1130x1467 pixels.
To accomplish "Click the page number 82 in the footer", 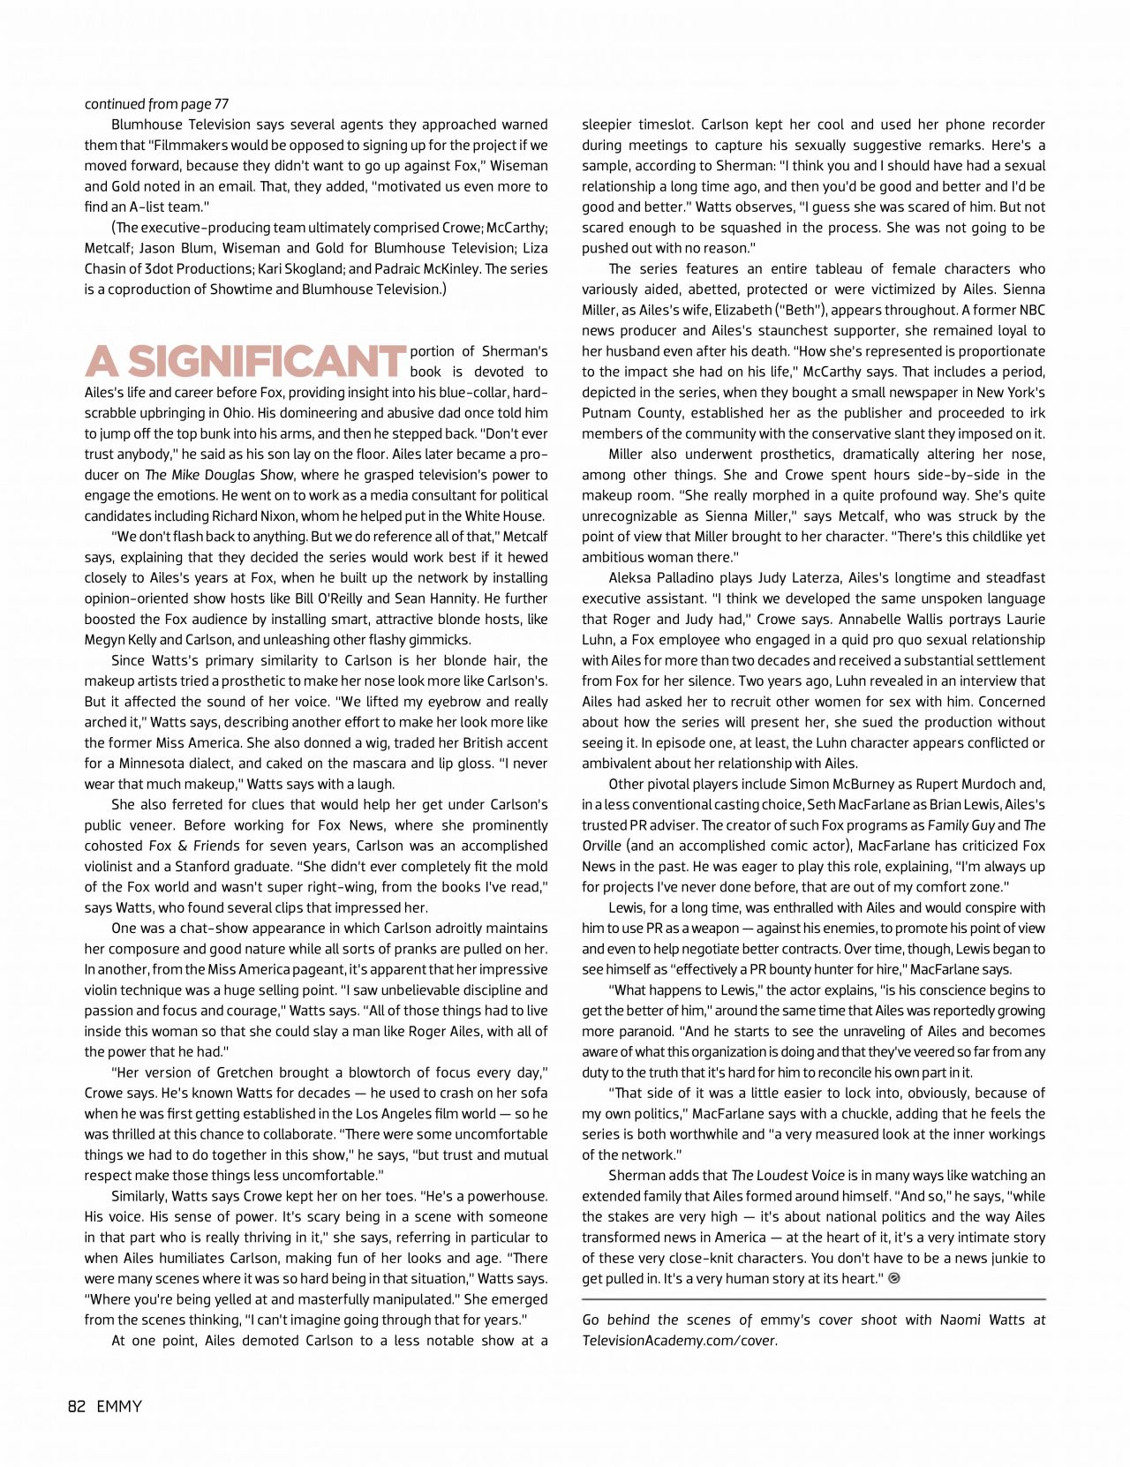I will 77,1407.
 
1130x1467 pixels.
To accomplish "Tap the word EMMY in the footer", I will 119,1407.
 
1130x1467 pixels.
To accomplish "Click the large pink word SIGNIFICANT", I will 267,362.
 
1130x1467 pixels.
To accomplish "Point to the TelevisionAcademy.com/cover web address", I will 679,1341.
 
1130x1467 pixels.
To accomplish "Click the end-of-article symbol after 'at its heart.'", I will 894,1279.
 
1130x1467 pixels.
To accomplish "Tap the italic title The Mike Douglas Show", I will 219,475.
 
